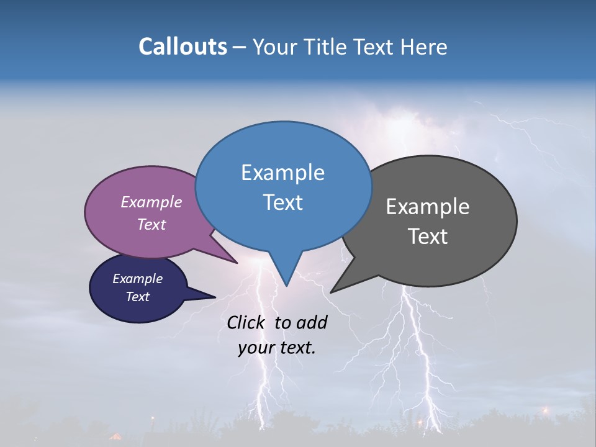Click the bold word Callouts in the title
click(183, 47)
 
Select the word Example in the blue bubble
click(282, 172)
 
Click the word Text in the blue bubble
click(282, 202)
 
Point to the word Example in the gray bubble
click(427, 206)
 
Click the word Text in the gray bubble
click(428, 236)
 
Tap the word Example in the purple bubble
click(151, 202)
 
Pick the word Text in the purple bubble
click(151, 224)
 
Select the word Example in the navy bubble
click(137, 279)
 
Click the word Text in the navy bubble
click(137, 297)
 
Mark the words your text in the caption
click(277, 348)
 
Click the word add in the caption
click(312, 322)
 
